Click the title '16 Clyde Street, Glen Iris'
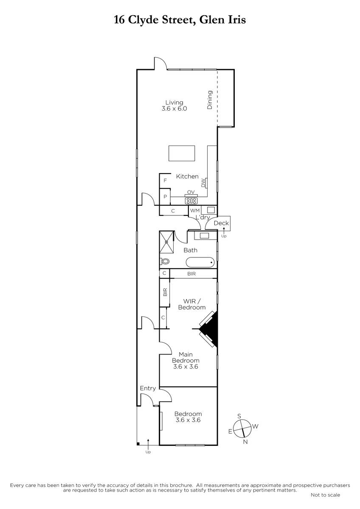180,20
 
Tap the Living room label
174,103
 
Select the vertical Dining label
210,100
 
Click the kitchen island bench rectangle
182,154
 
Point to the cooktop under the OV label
191,201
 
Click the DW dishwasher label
203,183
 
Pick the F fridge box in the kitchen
165,181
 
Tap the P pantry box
165,197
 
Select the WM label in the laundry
195,210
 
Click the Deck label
221,223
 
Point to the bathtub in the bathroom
200,263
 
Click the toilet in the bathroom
165,262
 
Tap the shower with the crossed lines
167,242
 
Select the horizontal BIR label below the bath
191,274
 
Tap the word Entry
148,389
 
